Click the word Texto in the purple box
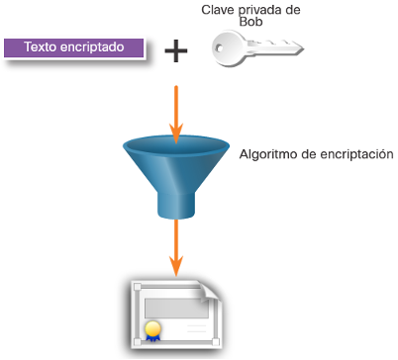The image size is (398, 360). (x=40, y=47)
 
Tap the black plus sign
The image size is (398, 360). (x=176, y=50)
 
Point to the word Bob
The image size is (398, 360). (x=250, y=22)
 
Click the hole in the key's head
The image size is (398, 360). (x=220, y=48)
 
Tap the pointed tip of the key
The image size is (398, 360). (x=304, y=49)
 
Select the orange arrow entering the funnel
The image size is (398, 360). (x=176, y=115)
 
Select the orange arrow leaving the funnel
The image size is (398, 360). (x=176, y=247)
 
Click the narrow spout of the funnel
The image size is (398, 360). (x=176, y=206)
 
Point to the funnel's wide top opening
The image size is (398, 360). (x=176, y=145)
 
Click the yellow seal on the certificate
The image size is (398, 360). (x=152, y=329)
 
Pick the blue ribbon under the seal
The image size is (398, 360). (x=152, y=338)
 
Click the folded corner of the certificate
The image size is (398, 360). (x=210, y=291)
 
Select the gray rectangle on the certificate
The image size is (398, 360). (x=176, y=309)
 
